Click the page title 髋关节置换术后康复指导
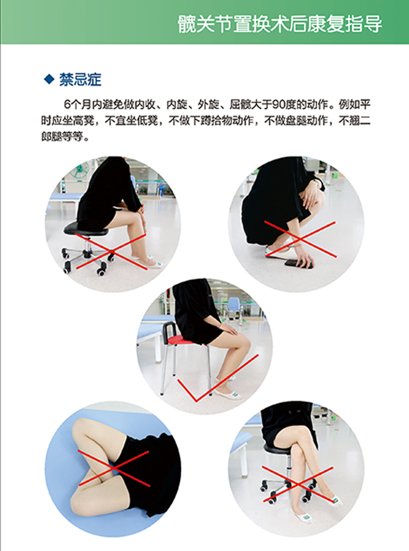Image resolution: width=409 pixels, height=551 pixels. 280,24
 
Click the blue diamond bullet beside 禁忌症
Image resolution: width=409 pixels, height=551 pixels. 49,79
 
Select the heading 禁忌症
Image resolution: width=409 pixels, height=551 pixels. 80,79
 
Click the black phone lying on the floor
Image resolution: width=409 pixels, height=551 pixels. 299,264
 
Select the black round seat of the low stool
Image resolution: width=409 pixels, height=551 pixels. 86,228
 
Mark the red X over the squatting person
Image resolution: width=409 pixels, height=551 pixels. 300,239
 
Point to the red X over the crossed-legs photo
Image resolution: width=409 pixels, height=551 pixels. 298,484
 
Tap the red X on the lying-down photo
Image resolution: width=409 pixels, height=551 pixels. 114,468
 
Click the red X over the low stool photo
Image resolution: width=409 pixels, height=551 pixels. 111,251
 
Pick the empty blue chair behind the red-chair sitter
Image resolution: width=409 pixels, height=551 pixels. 234,308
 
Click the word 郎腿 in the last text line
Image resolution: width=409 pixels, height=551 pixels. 52,137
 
